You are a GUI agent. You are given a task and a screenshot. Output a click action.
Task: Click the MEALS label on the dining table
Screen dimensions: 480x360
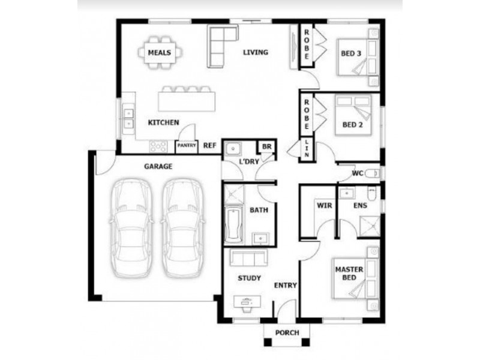(x=160, y=53)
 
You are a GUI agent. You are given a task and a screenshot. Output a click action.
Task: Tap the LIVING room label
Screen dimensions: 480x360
(x=256, y=52)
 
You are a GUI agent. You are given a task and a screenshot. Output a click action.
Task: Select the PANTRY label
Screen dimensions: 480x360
(x=187, y=145)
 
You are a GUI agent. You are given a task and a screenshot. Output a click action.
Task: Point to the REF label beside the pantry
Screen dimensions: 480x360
(x=209, y=146)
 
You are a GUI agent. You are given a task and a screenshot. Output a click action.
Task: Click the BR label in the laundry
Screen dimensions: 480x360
(x=266, y=146)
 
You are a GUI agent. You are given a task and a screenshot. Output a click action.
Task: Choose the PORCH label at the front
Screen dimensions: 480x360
(x=287, y=333)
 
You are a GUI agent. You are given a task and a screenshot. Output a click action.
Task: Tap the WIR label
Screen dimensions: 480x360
(x=324, y=205)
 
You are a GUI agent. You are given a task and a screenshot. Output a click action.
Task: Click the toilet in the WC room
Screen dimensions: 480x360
(x=373, y=173)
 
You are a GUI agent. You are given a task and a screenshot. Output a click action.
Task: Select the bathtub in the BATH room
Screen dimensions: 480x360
(x=234, y=224)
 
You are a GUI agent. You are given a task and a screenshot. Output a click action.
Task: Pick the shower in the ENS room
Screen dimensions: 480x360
(x=370, y=226)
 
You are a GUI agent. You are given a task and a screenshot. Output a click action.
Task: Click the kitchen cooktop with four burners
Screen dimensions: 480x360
(x=158, y=146)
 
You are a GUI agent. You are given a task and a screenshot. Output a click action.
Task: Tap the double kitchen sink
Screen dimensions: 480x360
(x=129, y=119)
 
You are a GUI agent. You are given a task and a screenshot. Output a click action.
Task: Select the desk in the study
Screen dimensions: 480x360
(x=248, y=302)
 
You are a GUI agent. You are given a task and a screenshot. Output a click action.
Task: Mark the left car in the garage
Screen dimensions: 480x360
(x=131, y=228)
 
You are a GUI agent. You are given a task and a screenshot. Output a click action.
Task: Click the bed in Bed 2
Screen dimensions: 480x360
(x=353, y=115)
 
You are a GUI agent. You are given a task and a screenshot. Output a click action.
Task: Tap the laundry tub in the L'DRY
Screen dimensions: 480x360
(x=233, y=149)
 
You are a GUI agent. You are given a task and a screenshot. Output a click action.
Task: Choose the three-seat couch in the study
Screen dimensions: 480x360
(x=248, y=258)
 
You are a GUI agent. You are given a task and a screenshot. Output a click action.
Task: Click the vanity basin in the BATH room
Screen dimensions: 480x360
(x=260, y=238)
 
